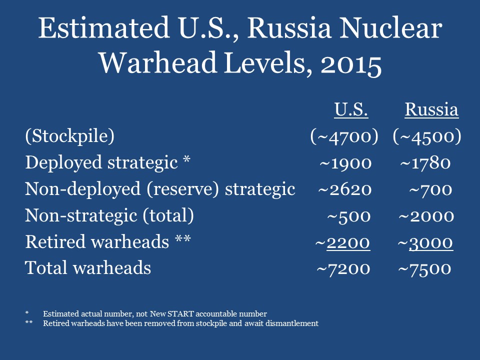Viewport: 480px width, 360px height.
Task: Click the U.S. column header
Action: point(351,109)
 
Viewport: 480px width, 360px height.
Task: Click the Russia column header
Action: point(431,109)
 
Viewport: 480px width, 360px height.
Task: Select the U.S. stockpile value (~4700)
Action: point(344,136)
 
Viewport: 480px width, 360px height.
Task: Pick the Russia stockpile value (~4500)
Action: point(427,136)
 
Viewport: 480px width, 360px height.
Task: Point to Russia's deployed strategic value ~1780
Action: point(425,163)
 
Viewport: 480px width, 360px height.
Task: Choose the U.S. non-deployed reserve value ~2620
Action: point(345,189)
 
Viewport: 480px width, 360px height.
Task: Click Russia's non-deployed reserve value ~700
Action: point(430,189)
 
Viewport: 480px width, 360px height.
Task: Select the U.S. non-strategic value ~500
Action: point(349,216)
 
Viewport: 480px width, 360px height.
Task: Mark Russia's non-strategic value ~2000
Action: point(426,216)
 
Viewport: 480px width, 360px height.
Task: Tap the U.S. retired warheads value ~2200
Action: point(343,242)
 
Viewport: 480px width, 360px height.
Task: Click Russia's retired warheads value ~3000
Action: point(425,242)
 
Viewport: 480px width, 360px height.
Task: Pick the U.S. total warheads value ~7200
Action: point(343,269)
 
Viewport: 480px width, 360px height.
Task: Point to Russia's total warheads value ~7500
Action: point(425,269)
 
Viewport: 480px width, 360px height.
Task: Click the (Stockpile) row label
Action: point(69,136)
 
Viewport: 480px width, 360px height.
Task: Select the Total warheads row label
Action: point(88,268)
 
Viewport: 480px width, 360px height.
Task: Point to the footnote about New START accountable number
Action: point(154,314)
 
